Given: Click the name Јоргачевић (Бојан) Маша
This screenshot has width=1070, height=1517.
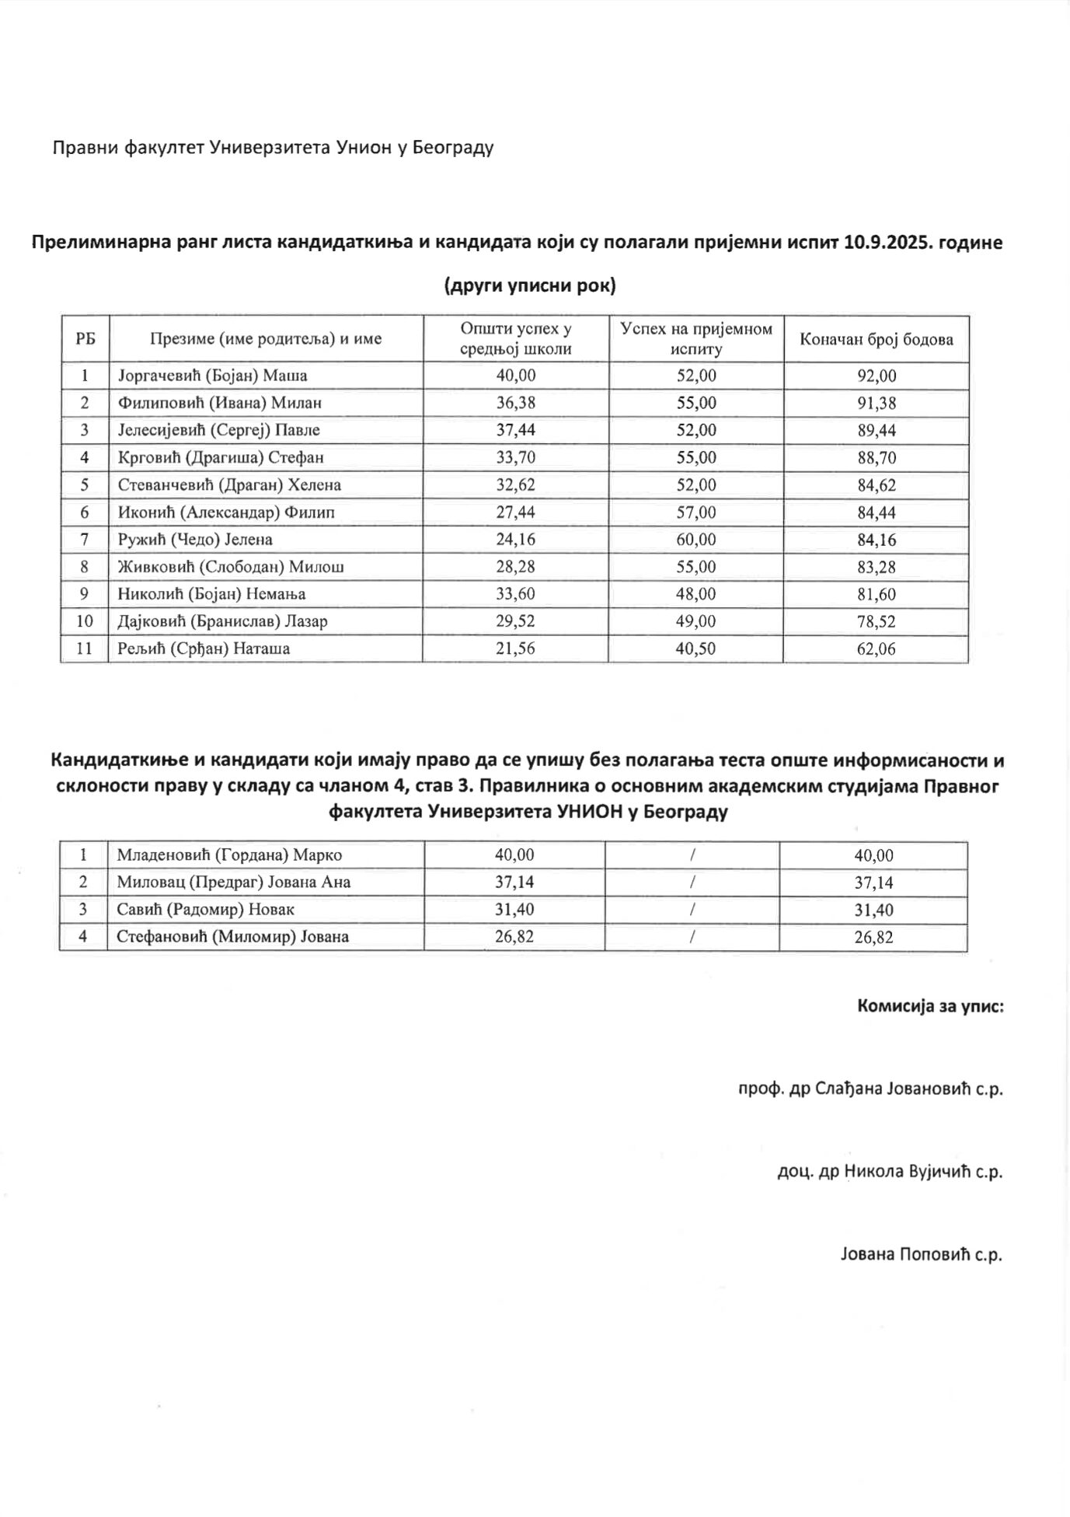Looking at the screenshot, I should (x=212, y=376).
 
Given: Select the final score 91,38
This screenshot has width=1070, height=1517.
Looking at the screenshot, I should (x=877, y=403).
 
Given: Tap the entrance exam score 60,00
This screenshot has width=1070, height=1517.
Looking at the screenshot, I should (x=696, y=539).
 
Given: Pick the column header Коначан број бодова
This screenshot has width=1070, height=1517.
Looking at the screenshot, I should (x=877, y=339).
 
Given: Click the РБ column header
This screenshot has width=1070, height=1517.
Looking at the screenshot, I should (x=85, y=339).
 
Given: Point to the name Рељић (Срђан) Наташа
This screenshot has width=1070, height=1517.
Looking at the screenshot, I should (x=204, y=648).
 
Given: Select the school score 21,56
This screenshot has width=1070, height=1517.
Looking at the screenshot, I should (x=516, y=648).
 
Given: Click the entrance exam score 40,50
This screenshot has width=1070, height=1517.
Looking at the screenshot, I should (x=696, y=648).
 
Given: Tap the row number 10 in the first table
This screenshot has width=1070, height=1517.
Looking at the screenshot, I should (x=85, y=621).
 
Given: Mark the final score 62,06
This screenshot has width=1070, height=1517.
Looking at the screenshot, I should (x=877, y=648).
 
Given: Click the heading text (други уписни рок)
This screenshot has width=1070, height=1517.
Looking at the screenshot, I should (x=530, y=286).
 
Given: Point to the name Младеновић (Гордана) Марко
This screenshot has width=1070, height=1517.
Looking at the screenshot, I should (x=229, y=855).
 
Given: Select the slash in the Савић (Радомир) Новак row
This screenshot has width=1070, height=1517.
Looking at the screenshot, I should (x=692, y=909).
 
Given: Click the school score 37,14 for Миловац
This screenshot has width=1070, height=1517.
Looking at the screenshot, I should (x=514, y=882).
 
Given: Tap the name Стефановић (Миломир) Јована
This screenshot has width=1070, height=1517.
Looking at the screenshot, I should (x=232, y=936).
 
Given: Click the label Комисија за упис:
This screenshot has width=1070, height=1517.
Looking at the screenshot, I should (x=930, y=1006).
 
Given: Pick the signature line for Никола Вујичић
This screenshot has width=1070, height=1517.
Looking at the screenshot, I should (x=890, y=1171).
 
